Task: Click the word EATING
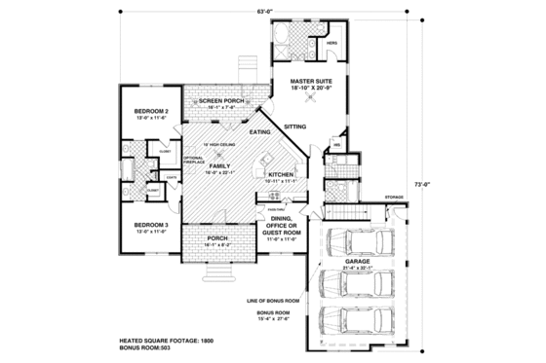(259, 131)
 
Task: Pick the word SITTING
(295, 127)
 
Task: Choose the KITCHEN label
(282, 175)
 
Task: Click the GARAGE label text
(355, 262)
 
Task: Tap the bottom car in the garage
(355, 320)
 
